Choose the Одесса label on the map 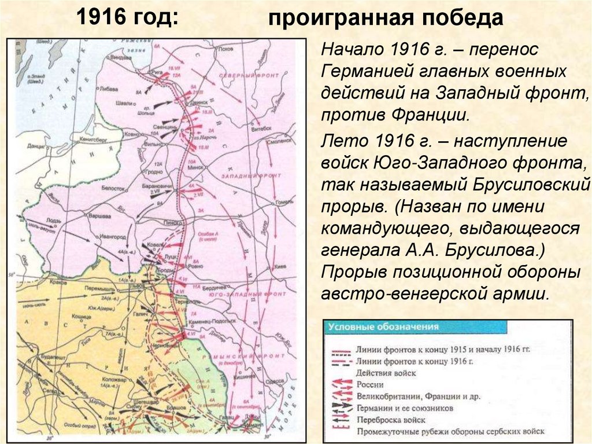(x=271, y=381)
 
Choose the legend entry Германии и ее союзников (x=404, y=408)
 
